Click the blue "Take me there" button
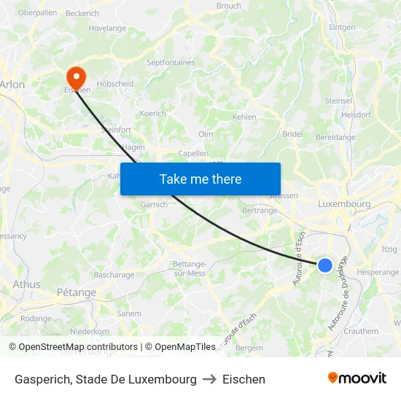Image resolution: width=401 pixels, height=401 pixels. [200, 179]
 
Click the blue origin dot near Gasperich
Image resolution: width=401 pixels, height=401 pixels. [325, 265]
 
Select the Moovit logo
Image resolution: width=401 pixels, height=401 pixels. [357, 378]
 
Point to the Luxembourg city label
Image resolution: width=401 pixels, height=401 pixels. [344, 204]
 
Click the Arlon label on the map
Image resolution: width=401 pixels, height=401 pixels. [12, 85]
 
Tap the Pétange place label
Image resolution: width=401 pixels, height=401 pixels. [76, 292]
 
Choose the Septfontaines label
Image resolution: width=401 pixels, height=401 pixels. [171, 63]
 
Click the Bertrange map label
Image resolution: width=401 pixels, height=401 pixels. [259, 210]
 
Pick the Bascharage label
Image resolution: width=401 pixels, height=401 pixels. [114, 275]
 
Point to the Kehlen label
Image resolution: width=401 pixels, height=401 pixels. [244, 117]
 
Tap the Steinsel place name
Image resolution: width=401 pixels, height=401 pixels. [338, 101]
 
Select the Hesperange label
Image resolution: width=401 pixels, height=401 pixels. [378, 272]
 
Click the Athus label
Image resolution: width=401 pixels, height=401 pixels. [27, 284]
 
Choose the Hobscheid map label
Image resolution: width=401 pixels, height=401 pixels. [115, 84]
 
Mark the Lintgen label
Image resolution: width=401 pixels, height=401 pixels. [342, 27]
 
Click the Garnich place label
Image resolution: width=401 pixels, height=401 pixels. [154, 205]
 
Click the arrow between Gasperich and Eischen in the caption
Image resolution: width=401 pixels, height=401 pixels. [209, 379]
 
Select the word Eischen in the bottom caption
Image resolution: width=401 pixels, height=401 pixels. [244, 379]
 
